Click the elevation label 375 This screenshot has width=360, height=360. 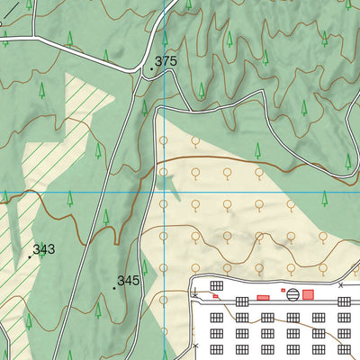[x=166, y=61]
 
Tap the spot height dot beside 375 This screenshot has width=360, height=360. [x=151, y=68]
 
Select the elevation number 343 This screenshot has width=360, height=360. [x=44, y=249]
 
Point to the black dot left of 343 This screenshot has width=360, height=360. [x=30, y=256]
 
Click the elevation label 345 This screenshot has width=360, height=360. [x=129, y=281]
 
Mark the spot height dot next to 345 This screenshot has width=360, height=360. [x=114, y=288]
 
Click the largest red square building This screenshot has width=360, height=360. [x=308, y=294]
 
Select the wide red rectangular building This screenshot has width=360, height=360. [x=264, y=297]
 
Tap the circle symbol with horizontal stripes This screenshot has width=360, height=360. [x=292, y=317]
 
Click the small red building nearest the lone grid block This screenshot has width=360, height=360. [x=215, y=295]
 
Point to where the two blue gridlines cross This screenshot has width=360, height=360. [x=164, y=192]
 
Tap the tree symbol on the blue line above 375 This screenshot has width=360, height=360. [x=165, y=37]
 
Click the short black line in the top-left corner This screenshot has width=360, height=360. [x=8, y=5]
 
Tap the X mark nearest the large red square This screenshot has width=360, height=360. [x=340, y=285]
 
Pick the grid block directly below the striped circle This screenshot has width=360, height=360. [x=292, y=333]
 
